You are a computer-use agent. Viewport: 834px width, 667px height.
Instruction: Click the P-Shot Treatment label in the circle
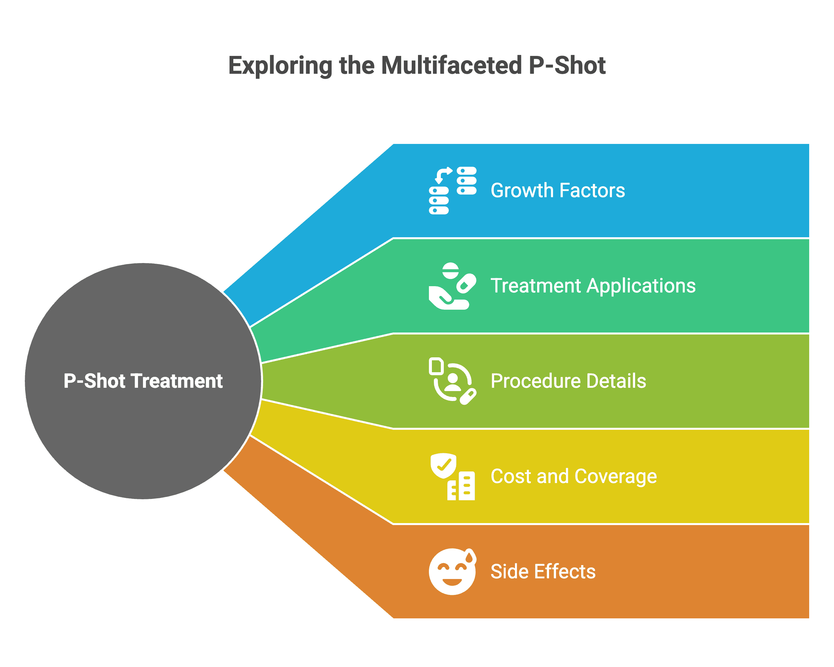143,381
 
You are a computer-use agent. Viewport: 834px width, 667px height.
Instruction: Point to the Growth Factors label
557,190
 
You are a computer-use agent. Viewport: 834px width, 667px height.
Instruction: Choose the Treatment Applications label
593,286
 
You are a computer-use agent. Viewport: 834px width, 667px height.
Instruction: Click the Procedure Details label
568,381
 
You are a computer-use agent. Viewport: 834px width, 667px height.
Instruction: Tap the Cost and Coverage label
573,476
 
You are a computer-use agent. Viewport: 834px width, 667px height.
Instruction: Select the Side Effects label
543,571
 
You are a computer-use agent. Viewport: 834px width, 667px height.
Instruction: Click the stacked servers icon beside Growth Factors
453,190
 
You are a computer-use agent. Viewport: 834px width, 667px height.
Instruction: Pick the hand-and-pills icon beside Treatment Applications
452,286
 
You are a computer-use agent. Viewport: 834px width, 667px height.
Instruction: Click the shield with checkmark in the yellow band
443,465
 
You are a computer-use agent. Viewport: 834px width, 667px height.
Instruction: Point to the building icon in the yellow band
461,486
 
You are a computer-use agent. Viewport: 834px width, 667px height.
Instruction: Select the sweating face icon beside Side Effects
452,571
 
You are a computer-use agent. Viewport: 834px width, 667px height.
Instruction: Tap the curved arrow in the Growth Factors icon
442,174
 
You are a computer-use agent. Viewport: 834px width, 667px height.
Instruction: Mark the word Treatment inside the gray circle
177,381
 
